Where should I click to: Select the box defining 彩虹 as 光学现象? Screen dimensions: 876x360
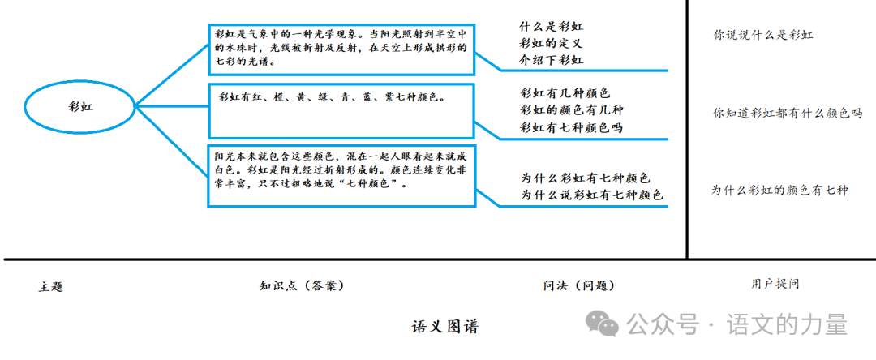point(341,49)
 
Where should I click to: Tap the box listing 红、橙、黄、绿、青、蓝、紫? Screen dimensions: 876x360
point(341,110)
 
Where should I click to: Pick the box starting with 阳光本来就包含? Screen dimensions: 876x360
point(341,176)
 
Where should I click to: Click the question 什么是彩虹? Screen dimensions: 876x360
point(552,26)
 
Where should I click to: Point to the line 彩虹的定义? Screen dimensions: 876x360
point(552,43)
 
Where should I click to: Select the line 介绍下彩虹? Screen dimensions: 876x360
point(552,60)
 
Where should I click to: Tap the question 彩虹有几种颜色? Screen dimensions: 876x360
point(565,93)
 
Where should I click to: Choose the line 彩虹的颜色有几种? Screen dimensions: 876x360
point(571,110)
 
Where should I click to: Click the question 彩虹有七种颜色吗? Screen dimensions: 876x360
point(571,127)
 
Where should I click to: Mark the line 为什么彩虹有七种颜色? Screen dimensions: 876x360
point(584,178)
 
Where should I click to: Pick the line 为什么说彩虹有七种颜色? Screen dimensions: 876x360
point(591,195)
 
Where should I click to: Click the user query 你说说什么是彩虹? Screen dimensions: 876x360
point(763,35)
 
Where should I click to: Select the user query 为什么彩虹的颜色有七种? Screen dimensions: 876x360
point(779,190)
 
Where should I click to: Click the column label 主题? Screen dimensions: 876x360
point(50,287)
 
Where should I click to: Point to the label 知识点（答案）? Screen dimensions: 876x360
point(302,285)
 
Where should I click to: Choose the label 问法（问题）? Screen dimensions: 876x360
point(578,285)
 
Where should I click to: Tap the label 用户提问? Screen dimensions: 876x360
point(775,284)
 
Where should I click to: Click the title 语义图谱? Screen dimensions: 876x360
point(445,327)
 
